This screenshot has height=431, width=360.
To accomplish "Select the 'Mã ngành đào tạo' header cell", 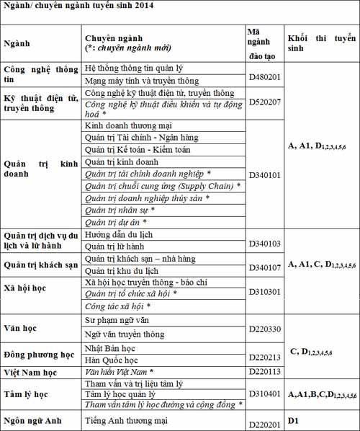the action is coord(262,43).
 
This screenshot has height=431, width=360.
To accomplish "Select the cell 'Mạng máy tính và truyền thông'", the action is coord(142,81).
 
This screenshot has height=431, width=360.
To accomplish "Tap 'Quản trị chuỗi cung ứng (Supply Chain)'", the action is coord(161,186).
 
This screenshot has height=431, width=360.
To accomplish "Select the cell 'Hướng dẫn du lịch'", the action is coord(121,235).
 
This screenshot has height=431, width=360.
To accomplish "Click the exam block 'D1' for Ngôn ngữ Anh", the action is coord(293,419).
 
